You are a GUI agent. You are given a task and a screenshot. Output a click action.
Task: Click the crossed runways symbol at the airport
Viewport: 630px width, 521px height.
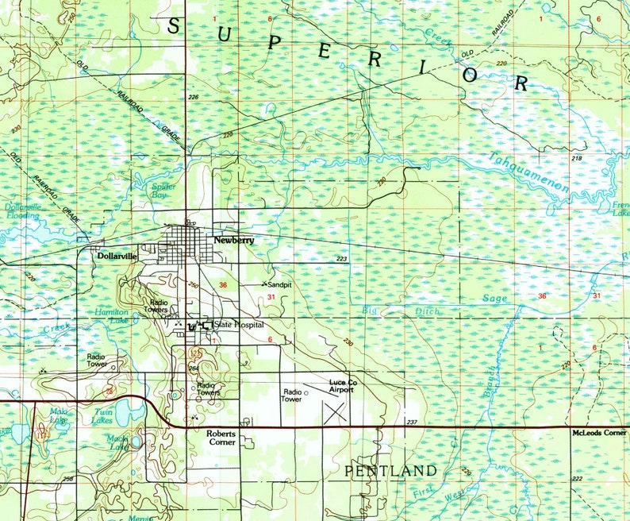335,411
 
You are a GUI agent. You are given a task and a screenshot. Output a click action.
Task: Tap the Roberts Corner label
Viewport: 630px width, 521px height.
224,438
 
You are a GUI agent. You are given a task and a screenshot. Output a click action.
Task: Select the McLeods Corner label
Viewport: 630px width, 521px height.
598,434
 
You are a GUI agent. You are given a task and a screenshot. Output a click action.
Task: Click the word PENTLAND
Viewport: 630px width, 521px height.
390,471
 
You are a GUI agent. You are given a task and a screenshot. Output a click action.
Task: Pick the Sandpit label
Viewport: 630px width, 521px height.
279,284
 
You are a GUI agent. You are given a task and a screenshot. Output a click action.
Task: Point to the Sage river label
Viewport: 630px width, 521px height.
495,298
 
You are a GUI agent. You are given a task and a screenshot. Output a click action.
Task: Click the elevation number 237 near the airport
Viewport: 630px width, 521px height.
411,422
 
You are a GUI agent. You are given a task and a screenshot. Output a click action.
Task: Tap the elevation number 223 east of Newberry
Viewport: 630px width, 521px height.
342,260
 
